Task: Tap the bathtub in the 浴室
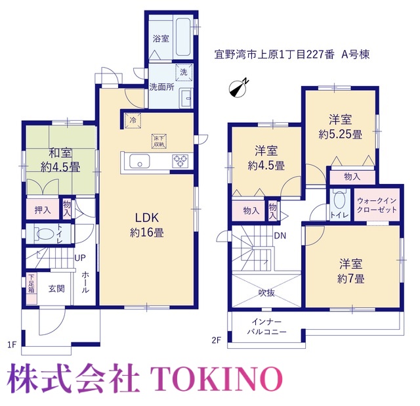(183, 37)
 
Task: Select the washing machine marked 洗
(184, 72)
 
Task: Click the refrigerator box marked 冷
(133, 121)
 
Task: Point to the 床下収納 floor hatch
(159, 141)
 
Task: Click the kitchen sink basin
(140, 162)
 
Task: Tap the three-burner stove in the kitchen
(180, 161)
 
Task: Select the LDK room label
(147, 225)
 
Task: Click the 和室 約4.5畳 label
(60, 160)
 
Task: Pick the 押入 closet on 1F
(43, 209)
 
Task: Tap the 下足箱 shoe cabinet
(31, 289)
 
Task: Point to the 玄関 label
(56, 289)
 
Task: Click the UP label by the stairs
(80, 258)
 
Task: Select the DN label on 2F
(280, 236)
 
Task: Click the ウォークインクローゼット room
(377, 205)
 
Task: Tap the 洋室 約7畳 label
(351, 271)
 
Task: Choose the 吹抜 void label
(266, 293)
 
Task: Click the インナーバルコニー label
(267, 327)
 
